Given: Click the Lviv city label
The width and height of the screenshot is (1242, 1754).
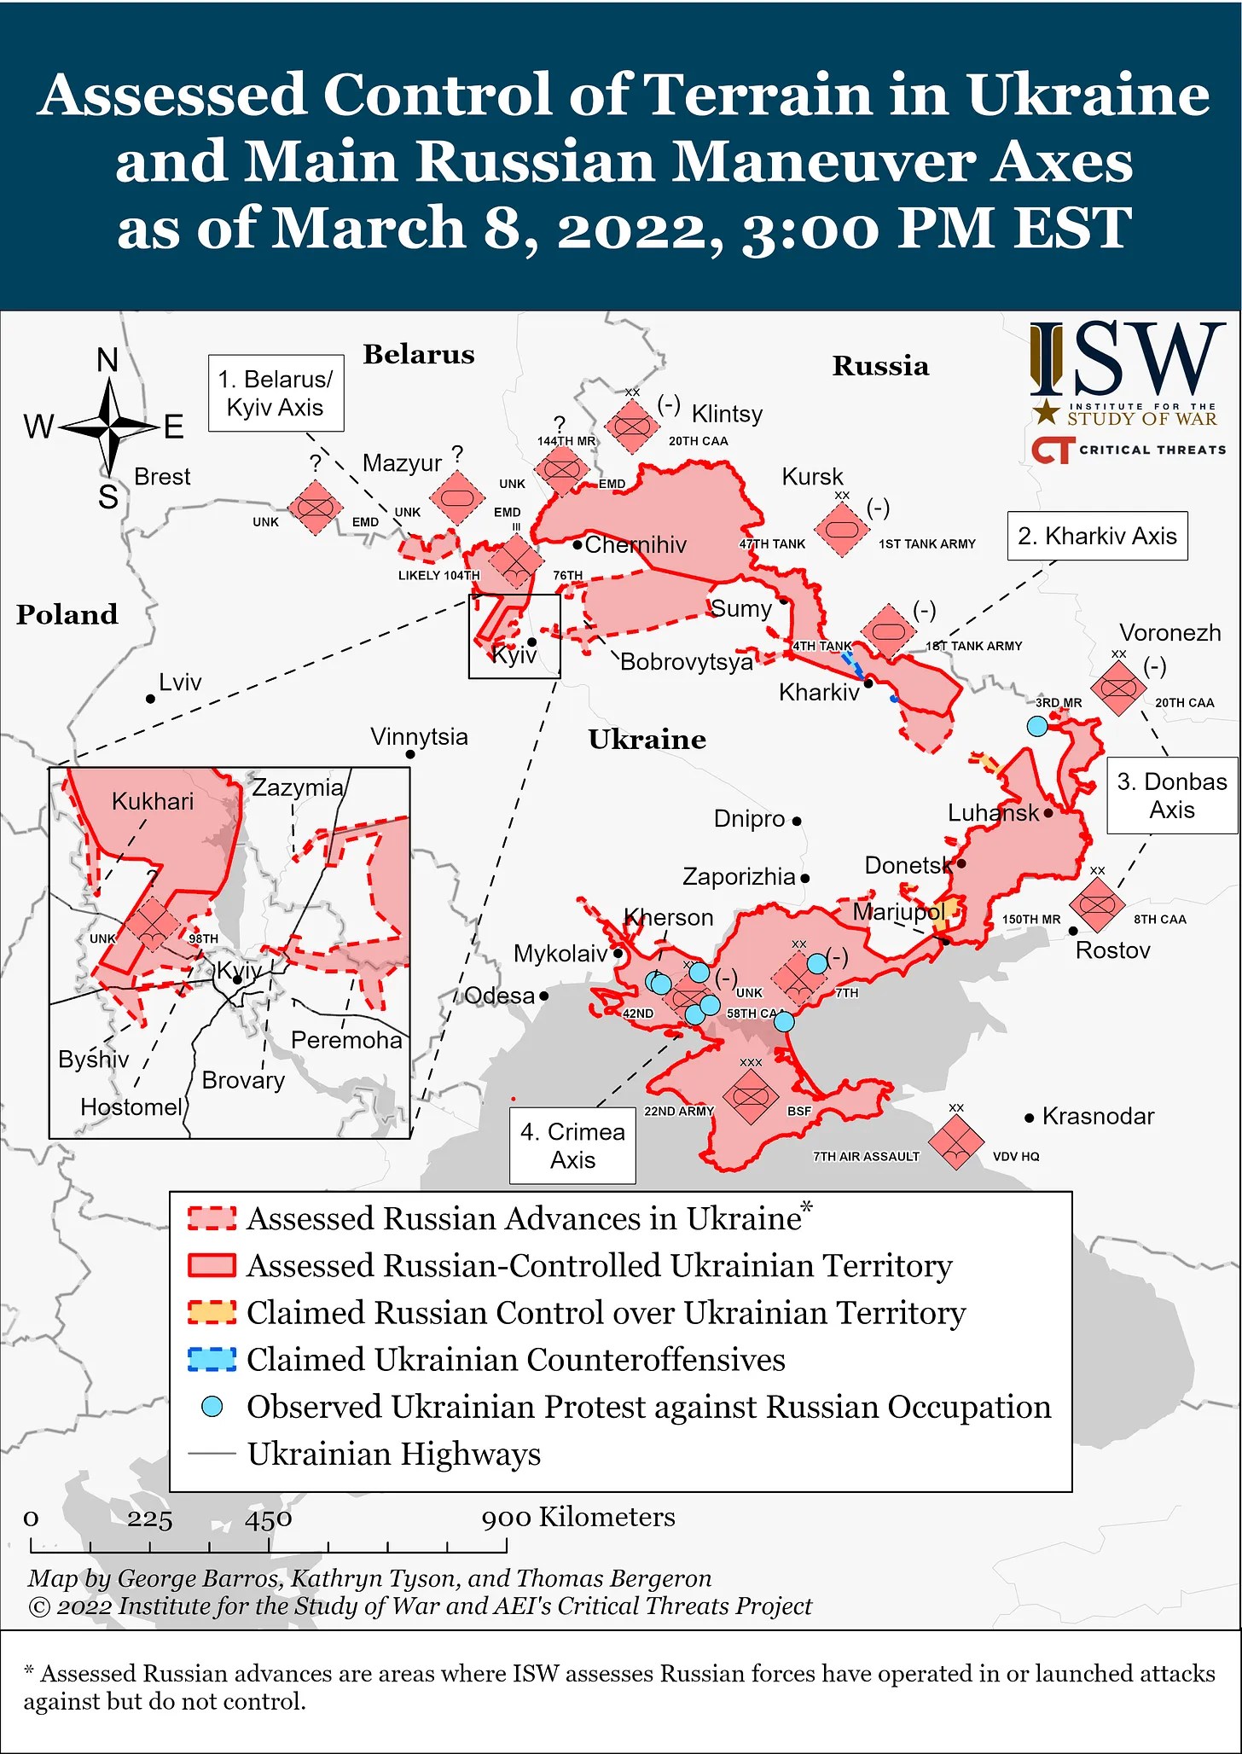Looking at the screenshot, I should (180, 682).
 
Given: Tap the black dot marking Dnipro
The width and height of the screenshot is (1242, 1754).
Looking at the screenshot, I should (797, 822).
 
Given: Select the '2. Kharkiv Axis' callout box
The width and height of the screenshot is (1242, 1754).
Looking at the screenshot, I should (1097, 536).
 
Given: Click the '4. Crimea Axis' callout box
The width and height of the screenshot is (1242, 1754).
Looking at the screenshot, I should (572, 1146).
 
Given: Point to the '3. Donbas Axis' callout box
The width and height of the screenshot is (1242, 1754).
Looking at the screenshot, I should (1172, 795).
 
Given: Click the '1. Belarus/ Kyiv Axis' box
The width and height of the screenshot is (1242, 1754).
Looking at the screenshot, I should (276, 393).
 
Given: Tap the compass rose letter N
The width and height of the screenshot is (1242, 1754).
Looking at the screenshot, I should (107, 361).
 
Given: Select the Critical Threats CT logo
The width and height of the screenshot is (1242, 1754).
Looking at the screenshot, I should (1050, 450).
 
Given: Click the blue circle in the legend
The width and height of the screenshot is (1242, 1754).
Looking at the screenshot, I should (212, 1407).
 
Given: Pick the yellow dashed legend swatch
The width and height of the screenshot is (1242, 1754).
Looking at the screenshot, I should (212, 1312).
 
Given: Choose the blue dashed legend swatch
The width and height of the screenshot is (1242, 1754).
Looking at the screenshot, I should (212, 1359).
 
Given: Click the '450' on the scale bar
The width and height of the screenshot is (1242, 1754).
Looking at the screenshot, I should (269, 1519).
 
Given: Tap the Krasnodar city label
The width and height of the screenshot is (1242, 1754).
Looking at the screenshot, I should (1098, 1116).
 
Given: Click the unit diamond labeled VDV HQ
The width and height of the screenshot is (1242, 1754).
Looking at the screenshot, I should (955, 1141).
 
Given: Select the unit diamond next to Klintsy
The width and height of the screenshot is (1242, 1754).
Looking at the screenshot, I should (631, 425).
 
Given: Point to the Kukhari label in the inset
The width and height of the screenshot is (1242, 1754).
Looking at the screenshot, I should (153, 801).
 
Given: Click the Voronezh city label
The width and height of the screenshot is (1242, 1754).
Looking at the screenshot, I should (1169, 633).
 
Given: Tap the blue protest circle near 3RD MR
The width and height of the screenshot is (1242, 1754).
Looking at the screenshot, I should (1036, 726).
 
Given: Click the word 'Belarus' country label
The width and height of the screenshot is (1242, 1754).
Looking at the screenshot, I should (419, 354).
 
